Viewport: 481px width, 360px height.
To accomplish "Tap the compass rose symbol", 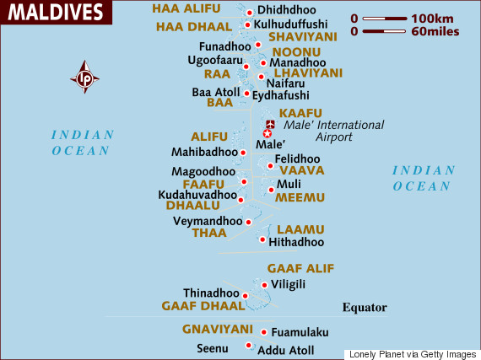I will [x=84, y=78].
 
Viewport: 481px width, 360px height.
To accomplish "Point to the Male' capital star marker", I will [x=268, y=133].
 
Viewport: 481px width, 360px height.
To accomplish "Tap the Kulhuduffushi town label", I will [x=297, y=25].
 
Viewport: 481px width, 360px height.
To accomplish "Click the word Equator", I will [x=364, y=308].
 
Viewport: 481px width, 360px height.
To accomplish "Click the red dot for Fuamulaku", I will [x=263, y=332].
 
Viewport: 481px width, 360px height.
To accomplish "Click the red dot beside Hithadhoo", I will [x=262, y=240].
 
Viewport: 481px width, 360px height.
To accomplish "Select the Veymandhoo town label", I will [x=207, y=221].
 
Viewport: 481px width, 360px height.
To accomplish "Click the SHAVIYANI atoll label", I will [x=302, y=36].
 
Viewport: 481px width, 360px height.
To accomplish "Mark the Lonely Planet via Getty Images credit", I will [x=412, y=353].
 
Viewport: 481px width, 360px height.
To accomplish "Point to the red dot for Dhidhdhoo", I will [x=249, y=12].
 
